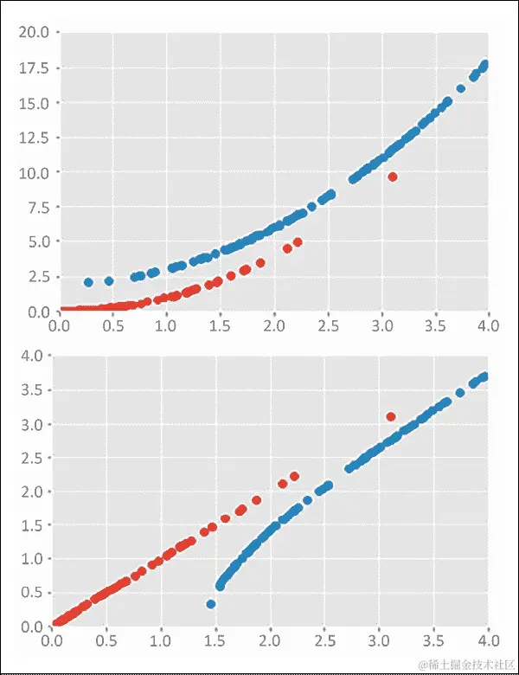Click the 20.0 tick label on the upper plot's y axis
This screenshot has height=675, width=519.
(35, 33)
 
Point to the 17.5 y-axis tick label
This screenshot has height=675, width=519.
(35, 67)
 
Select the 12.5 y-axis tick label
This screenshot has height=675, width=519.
(35, 137)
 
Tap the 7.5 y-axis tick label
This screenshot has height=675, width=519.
(39, 207)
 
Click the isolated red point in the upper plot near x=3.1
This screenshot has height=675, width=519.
(393, 177)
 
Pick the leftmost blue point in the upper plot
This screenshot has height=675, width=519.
(88, 282)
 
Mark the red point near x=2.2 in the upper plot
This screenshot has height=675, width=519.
(298, 242)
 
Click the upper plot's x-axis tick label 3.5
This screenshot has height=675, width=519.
(435, 325)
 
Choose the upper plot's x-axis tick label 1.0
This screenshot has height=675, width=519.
(167, 325)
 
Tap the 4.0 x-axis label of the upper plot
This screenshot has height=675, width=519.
(489, 325)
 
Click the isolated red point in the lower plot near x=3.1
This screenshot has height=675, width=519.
(391, 417)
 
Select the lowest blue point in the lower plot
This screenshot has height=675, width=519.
(210, 604)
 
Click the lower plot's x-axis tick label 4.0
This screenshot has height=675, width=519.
(488, 642)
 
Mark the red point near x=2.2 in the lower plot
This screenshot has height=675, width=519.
(294, 476)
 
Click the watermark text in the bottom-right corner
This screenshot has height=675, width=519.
(467, 663)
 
